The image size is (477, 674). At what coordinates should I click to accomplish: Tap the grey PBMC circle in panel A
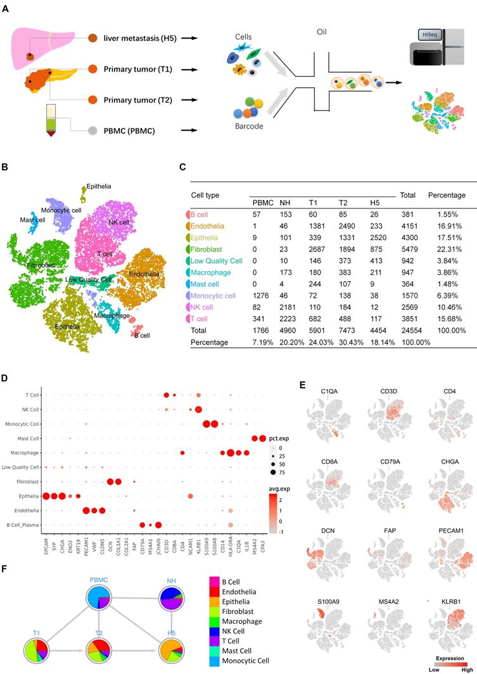tap(92, 132)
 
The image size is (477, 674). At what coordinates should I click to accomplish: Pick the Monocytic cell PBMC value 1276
tap(262, 295)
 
